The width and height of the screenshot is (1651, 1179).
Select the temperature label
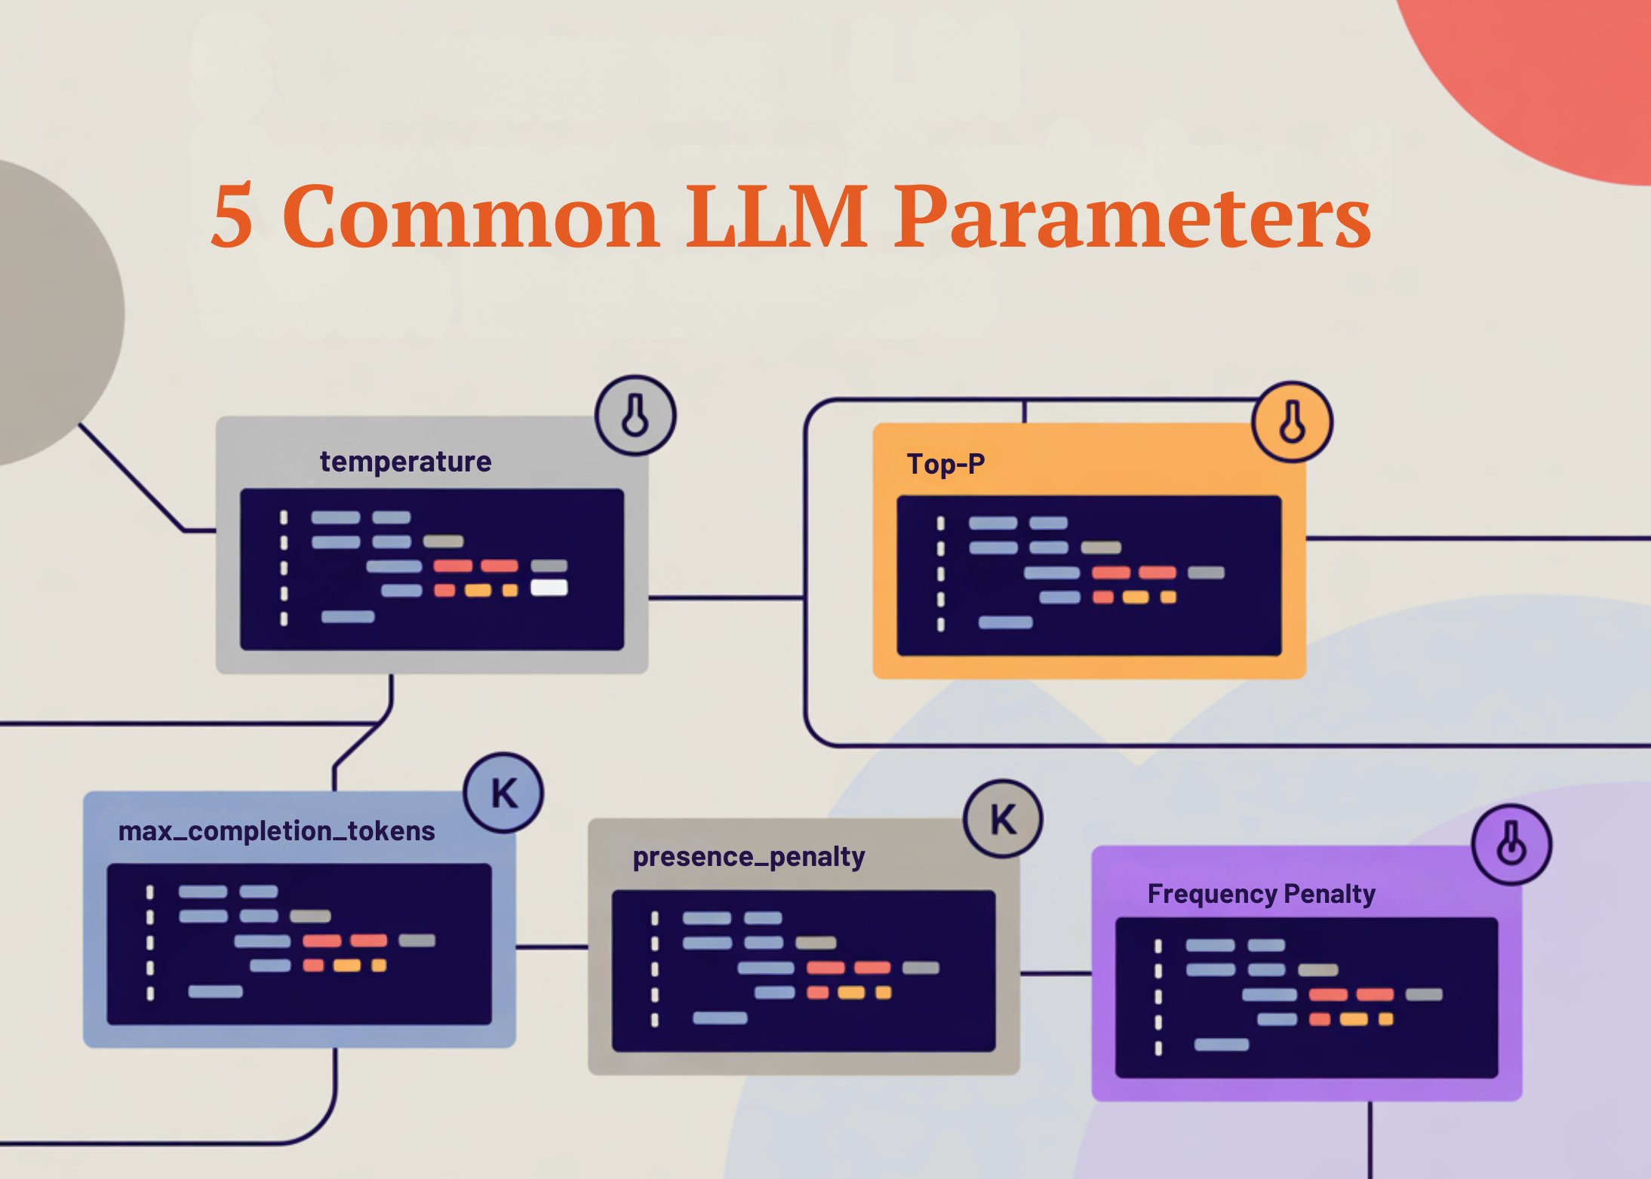click(405, 462)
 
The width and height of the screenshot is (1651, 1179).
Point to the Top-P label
click(945, 465)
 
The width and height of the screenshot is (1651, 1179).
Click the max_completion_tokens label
click(276, 831)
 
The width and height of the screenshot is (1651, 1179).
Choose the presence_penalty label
click(749, 857)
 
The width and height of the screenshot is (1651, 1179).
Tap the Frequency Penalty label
click(1261, 894)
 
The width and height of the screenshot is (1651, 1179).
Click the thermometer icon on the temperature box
click(635, 416)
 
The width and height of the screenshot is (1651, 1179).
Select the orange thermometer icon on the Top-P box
click(1292, 422)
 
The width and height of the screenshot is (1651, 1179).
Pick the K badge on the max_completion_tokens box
click(503, 793)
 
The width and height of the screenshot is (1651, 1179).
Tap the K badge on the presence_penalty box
click(1003, 819)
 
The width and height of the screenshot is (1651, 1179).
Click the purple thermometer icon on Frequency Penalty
click(1511, 844)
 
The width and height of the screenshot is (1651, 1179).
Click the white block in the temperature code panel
click(549, 588)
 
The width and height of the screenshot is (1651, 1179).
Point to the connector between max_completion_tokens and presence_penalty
click(552, 947)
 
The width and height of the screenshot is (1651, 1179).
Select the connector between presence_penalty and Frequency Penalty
click(1055, 974)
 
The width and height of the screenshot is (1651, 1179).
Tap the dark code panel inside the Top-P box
click(1089, 576)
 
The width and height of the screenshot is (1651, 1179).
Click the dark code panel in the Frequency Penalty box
click(1306, 997)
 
